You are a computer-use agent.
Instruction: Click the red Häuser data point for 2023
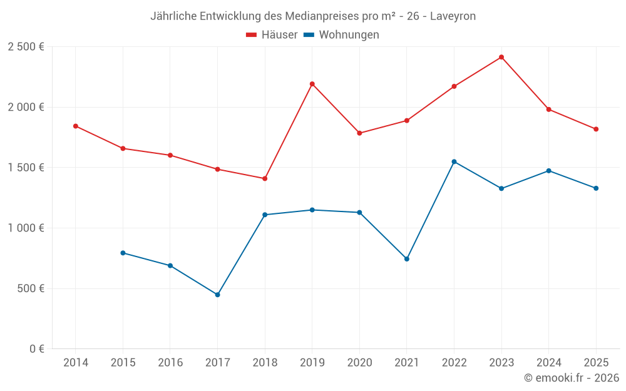click(x=501, y=57)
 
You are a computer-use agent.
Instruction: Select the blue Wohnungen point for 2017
click(x=217, y=295)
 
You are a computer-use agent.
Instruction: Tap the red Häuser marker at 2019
click(x=312, y=84)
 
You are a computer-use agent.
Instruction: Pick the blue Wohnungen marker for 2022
click(x=454, y=161)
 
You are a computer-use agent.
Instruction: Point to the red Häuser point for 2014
click(x=75, y=126)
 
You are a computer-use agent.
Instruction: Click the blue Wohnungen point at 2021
click(x=407, y=259)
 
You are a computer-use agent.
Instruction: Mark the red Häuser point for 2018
click(x=265, y=178)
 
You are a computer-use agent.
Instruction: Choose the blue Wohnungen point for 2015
click(x=123, y=253)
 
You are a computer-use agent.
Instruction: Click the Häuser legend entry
click(x=272, y=35)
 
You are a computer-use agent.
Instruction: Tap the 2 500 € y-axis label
click(x=26, y=47)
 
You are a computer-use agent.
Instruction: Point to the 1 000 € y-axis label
click(x=26, y=228)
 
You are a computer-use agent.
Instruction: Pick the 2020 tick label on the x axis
click(x=359, y=363)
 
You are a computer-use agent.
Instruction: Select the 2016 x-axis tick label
click(x=170, y=363)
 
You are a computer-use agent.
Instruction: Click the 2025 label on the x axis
click(x=596, y=363)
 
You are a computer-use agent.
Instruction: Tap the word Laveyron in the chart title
click(x=453, y=16)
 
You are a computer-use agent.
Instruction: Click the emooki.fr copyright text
click(x=571, y=378)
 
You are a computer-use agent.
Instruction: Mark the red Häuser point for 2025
click(x=596, y=129)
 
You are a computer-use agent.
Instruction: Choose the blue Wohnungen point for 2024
click(x=549, y=171)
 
